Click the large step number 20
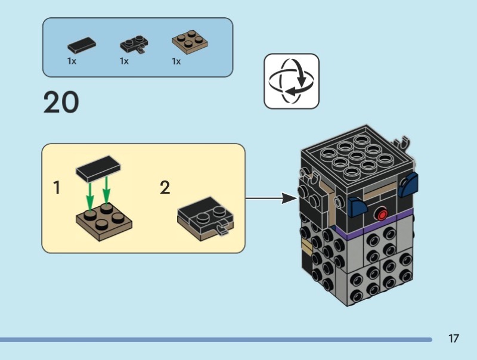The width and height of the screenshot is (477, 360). pyautogui.click(x=61, y=103)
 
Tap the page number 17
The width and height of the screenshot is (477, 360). pyautogui.click(x=454, y=339)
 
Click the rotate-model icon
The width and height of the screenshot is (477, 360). pyautogui.click(x=292, y=81)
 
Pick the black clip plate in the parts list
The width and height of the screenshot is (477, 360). pyautogui.click(x=134, y=45)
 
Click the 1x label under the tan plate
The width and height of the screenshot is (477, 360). pyautogui.click(x=176, y=61)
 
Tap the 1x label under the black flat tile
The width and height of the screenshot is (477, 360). pyautogui.click(x=72, y=61)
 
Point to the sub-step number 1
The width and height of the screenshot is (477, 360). pyautogui.click(x=57, y=188)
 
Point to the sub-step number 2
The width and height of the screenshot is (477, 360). pyautogui.click(x=165, y=188)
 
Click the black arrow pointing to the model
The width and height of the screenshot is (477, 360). pyautogui.click(x=271, y=198)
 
